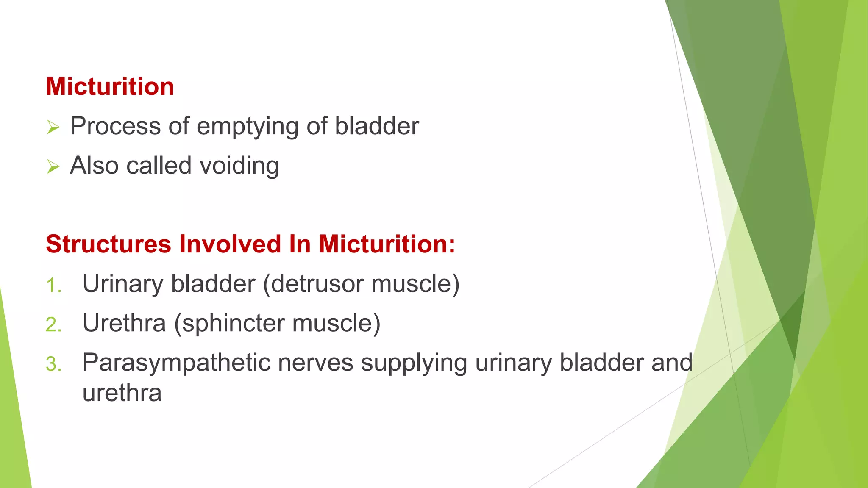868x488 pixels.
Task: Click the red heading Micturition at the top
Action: click(110, 86)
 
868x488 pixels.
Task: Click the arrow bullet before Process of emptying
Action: click(53, 127)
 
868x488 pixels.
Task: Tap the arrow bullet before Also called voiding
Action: click(53, 166)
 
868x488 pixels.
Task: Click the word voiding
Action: click(239, 166)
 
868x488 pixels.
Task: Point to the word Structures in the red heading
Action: click(108, 244)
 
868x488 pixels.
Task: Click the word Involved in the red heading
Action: click(230, 244)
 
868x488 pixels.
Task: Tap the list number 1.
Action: click(54, 286)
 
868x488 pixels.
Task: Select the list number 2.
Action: click(54, 325)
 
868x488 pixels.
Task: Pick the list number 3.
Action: click(54, 364)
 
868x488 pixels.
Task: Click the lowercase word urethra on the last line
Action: click(122, 393)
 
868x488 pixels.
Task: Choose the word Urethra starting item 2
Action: click(124, 323)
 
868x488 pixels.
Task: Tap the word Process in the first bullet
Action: click(115, 126)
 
